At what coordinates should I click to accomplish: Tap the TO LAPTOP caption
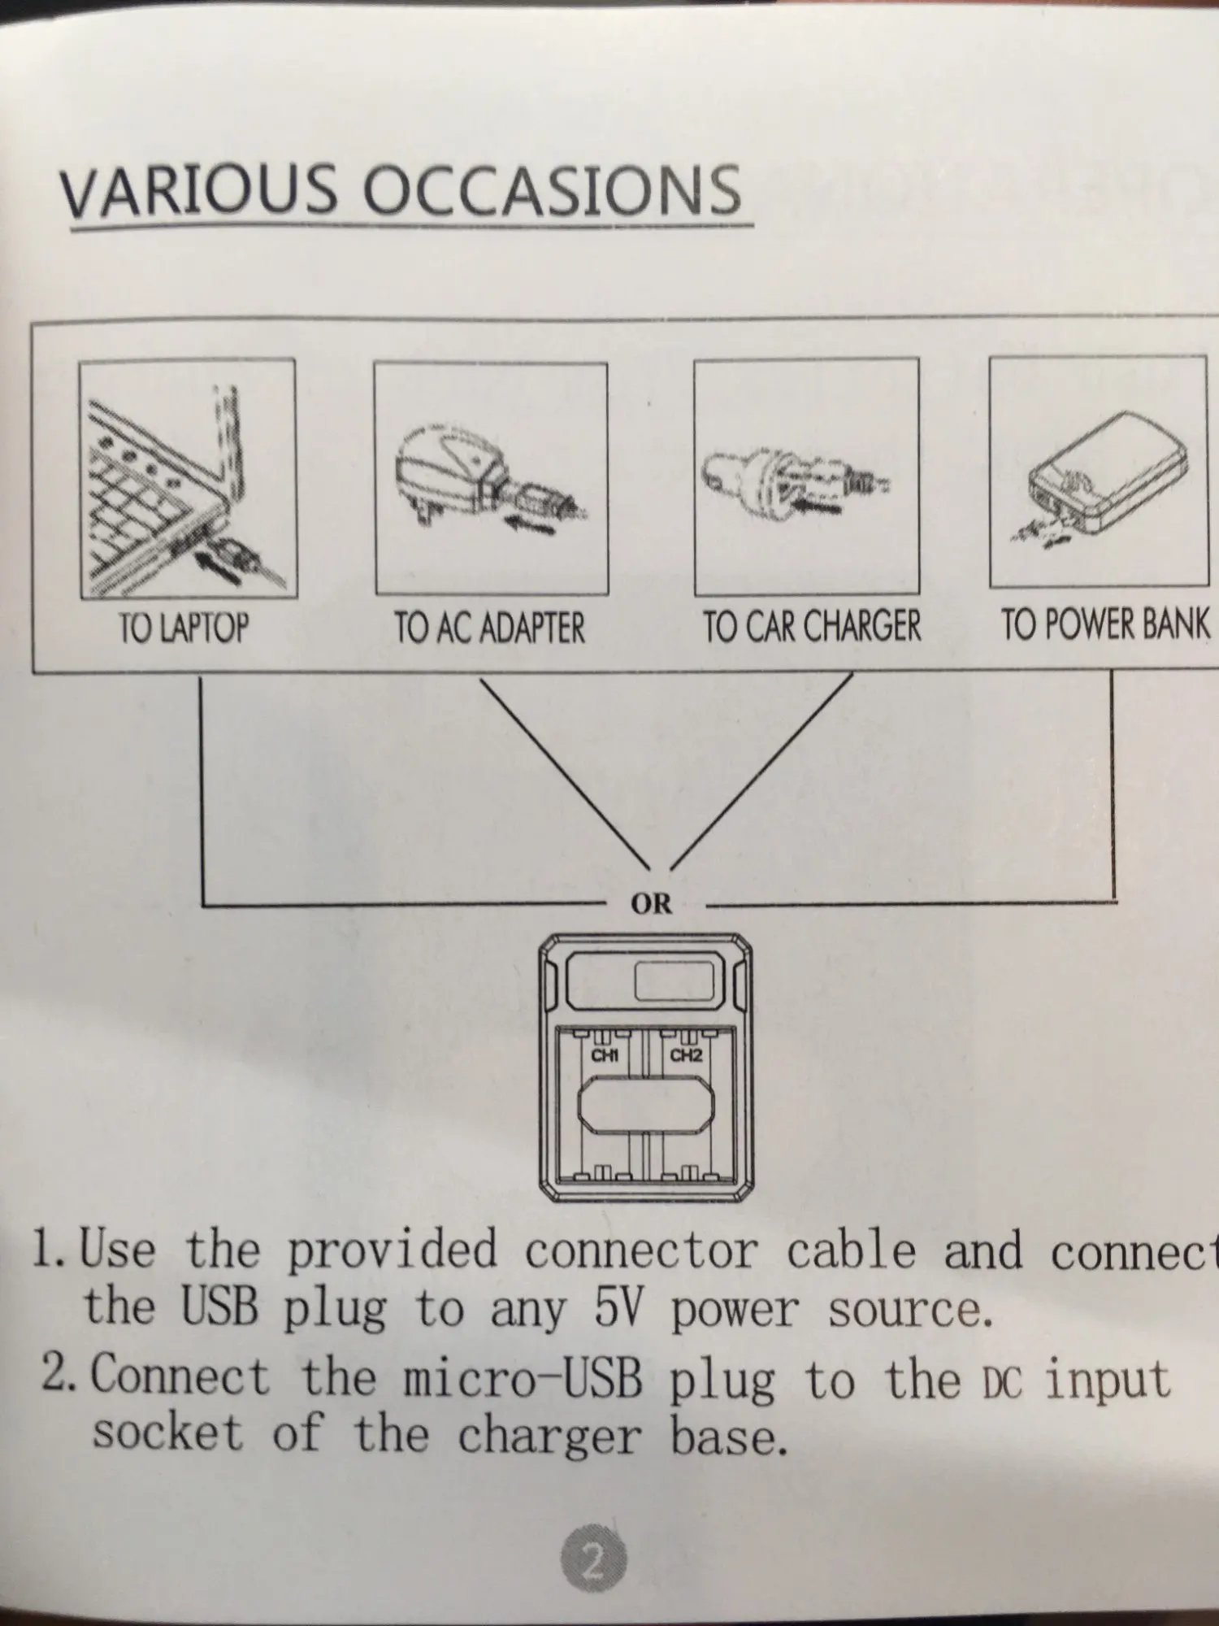tap(184, 628)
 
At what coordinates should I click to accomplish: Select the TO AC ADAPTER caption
tap(489, 628)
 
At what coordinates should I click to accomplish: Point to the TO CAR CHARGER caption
tap(811, 627)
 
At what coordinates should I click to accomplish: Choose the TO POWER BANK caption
tap(1104, 624)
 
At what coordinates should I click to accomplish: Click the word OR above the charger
tap(651, 903)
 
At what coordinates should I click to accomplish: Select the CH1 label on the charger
tap(605, 1056)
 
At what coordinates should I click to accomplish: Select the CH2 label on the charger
tap(686, 1056)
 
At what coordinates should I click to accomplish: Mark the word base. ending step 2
tap(729, 1436)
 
